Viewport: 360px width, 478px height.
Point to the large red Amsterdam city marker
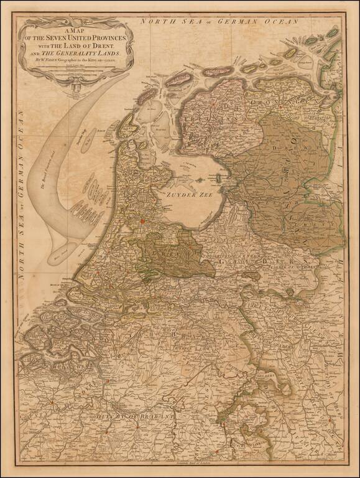[x=142, y=220]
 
